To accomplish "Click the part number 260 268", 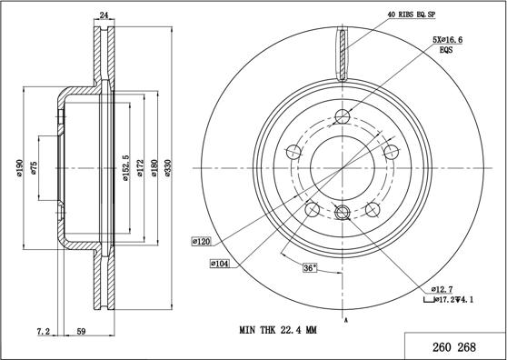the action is pos(454,347).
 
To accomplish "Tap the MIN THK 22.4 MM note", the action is pos(278,330).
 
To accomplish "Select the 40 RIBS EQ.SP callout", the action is pos(411,15).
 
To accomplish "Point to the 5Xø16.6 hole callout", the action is pos(448,40).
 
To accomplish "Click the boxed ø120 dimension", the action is pos(202,241).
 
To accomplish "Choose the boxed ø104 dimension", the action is pos(220,264).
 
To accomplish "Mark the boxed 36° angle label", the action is pos(310,268).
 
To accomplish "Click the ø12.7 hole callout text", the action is pos(441,289).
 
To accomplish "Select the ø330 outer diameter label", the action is pos(168,168).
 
